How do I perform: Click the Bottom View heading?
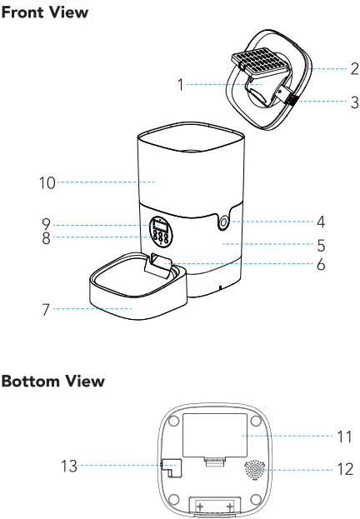pos(52,382)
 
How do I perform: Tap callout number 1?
pos(180,84)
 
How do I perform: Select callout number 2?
pos(353,68)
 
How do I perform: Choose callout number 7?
pos(46,309)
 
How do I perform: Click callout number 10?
pos(47,182)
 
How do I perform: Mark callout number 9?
pos(47,224)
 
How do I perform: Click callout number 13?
pos(69,467)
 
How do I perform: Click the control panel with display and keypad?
pos(162,230)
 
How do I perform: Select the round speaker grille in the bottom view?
pos(257,470)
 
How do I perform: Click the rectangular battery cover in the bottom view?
pos(213,435)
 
